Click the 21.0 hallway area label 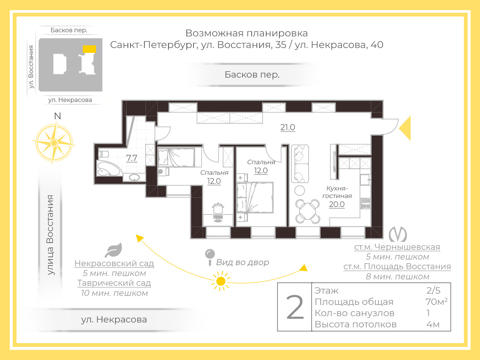[288, 127]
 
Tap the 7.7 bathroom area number [132, 158]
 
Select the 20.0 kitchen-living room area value [337, 204]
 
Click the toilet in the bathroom [103, 154]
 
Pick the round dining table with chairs [307, 211]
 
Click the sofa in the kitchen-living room [300, 164]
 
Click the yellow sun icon [220, 281]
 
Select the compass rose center [54, 143]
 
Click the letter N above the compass [57, 116]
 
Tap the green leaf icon [114, 250]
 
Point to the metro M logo [398, 234]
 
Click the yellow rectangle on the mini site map [89, 49]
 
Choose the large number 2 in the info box [295, 307]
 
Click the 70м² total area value [436, 301]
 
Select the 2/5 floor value [433, 291]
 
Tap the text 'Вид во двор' [243, 262]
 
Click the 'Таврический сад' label [114, 283]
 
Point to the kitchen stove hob [365, 204]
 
